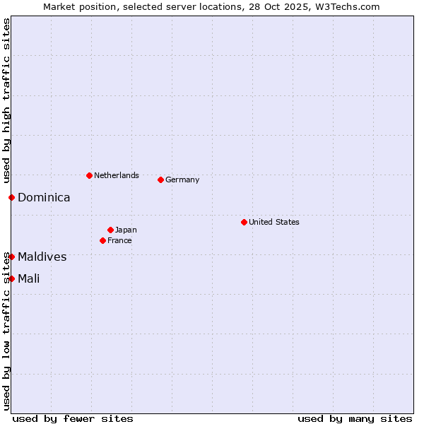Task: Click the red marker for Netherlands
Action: tap(89, 175)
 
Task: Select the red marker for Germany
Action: tap(160, 179)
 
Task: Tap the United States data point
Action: tap(244, 222)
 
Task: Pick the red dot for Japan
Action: tap(110, 230)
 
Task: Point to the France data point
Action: tap(102, 240)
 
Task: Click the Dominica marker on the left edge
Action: tap(11, 197)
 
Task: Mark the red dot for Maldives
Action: tap(11, 257)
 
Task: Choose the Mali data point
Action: tap(11, 278)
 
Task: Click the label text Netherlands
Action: tap(117, 175)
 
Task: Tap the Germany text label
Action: tap(182, 179)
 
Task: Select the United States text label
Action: tap(274, 222)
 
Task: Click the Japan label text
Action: tap(126, 230)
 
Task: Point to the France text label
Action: tap(119, 240)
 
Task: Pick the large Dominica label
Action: tap(44, 198)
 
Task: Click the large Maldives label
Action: tap(42, 257)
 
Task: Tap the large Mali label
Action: tap(29, 278)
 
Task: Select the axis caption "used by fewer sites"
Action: tap(73, 418)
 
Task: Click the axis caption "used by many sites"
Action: tap(355, 418)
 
